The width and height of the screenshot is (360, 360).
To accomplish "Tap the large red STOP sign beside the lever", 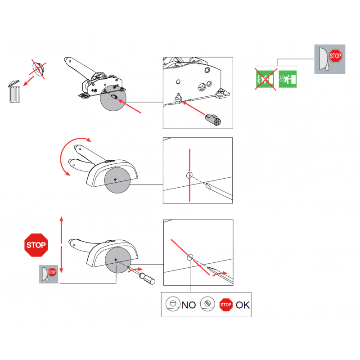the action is (36, 245).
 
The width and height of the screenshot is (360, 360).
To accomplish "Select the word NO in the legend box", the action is (189, 305).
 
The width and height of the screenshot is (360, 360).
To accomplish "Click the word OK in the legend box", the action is (243, 305).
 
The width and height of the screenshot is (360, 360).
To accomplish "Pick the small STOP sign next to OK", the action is (226, 305).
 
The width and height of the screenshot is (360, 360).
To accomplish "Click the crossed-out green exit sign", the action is (265, 79).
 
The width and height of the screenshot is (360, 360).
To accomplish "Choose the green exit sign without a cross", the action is (288, 79).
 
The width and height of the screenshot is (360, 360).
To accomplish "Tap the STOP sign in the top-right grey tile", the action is (335, 56).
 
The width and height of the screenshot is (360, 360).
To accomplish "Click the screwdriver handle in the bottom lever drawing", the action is (149, 279).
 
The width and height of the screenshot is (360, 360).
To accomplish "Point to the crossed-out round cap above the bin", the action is (39, 68).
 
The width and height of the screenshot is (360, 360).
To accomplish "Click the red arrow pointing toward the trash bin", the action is (28, 81).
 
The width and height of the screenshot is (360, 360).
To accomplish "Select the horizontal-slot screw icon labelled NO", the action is (173, 303).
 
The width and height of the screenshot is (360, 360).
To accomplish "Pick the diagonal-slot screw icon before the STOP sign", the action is (207, 303).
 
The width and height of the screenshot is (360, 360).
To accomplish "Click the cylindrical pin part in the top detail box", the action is (213, 119).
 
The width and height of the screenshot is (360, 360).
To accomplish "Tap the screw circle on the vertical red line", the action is (189, 175).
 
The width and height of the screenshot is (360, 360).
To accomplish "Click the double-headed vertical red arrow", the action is (61, 244).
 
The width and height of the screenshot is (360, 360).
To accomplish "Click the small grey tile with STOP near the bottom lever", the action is (49, 274).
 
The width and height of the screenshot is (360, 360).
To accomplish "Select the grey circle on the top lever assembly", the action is (113, 98).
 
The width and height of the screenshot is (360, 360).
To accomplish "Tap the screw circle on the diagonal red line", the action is (190, 257).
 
